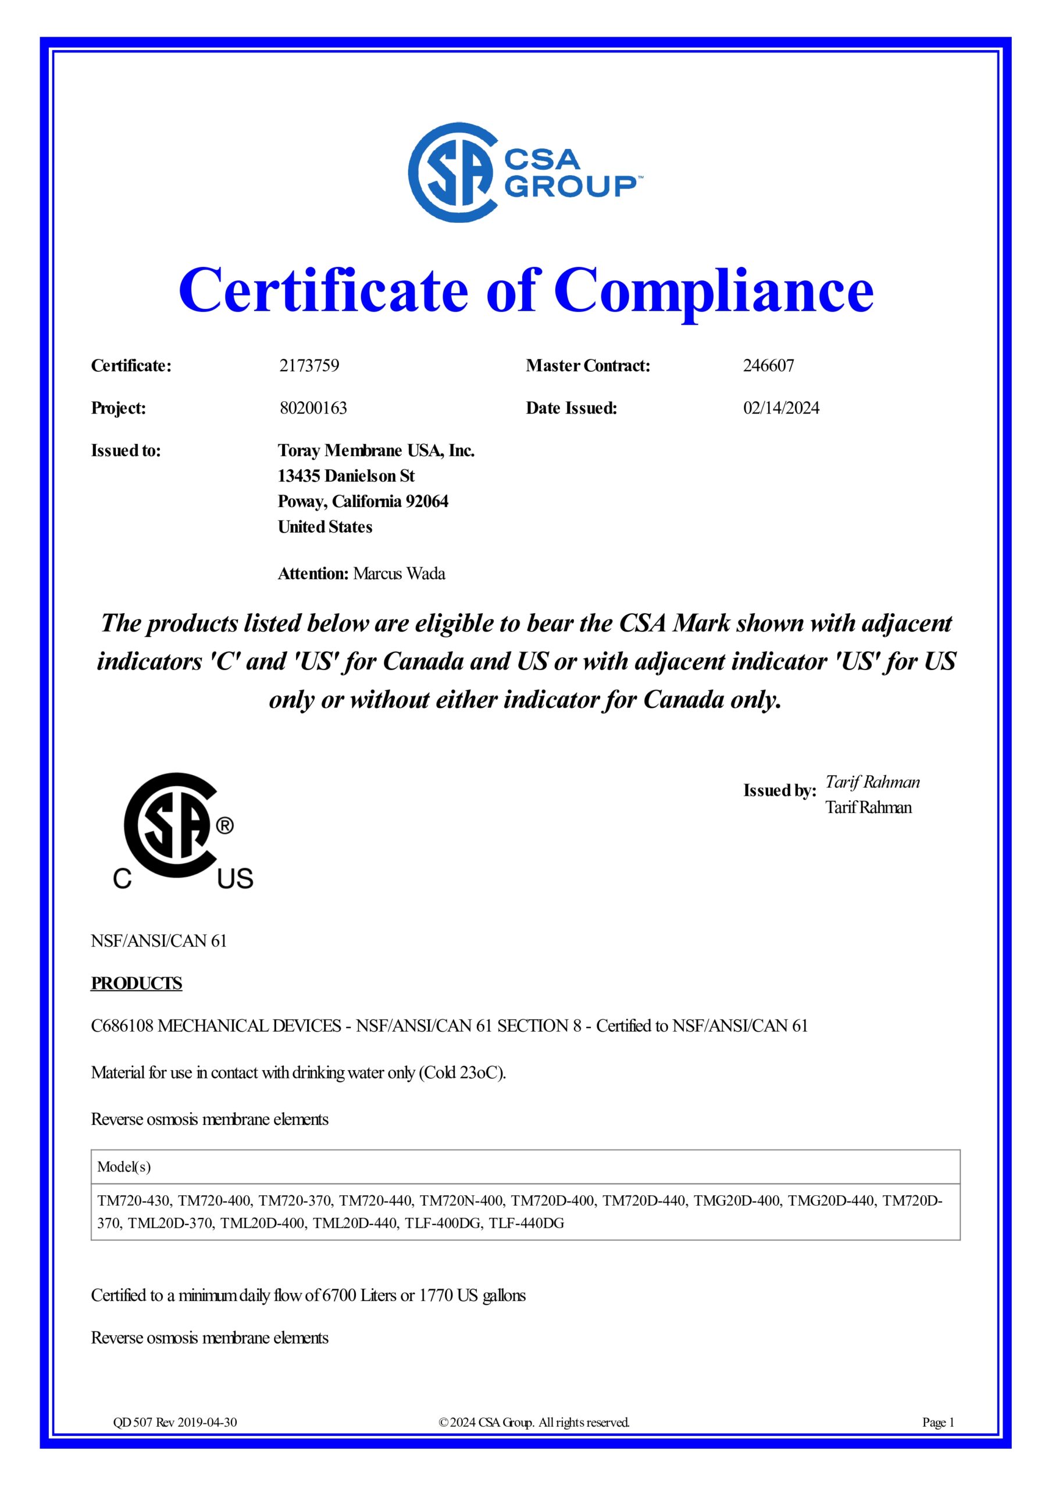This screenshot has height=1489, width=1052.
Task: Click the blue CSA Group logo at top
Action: tap(522, 174)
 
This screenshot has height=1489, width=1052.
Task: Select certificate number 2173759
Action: tap(309, 366)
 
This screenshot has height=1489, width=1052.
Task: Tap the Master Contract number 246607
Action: tap(768, 366)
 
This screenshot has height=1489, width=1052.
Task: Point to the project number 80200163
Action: tap(313, 408)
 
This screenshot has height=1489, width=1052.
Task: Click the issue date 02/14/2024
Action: tap(781, 408)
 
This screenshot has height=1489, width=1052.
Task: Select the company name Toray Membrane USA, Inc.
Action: tap(376, 451)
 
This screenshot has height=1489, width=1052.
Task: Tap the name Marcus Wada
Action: tap(399, 574)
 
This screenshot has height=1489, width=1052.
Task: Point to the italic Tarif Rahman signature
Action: tap(872, 782)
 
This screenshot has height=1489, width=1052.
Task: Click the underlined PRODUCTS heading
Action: tap(136, 983)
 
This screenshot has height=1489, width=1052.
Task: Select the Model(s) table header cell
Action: tap(124, 1167)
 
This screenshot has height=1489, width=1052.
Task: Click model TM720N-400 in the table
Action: tap(461, 1201)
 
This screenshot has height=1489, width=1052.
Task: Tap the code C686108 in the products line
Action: tap(122, 1026)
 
